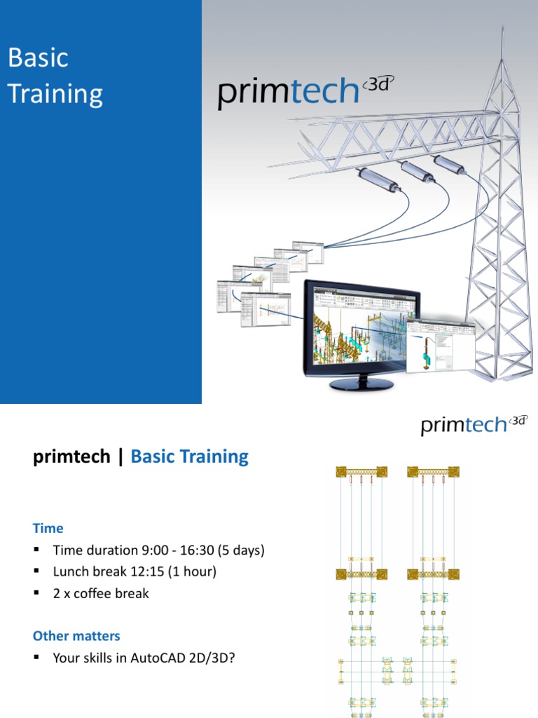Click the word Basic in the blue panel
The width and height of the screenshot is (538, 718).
coord(38,58)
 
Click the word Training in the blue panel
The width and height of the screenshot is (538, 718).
coord(55,94)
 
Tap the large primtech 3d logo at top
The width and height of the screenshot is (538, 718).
coord(301,94)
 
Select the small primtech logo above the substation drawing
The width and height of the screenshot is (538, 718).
coord(474,424)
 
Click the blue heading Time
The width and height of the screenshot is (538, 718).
coord(48,528)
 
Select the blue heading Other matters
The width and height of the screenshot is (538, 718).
coord(76,636)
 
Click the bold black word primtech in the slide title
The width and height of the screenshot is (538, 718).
coord(71,456)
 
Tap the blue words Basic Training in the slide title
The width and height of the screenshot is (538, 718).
coord(189,456)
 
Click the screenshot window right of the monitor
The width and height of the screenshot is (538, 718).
coord(440,344)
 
